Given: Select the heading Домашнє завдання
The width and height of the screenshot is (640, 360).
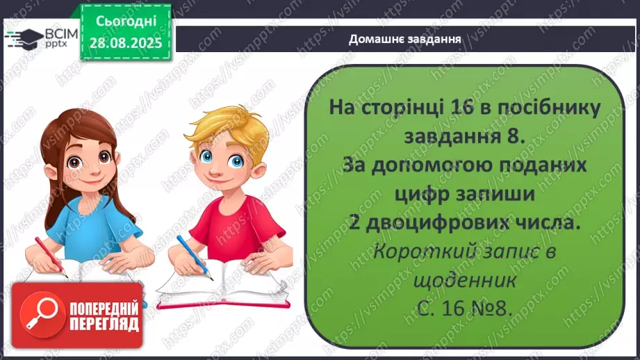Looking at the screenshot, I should pos(406,38).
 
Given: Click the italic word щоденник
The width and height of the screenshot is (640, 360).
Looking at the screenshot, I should pos(465,281).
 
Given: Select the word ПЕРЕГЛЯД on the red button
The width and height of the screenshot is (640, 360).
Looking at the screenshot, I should pos(104,325).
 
